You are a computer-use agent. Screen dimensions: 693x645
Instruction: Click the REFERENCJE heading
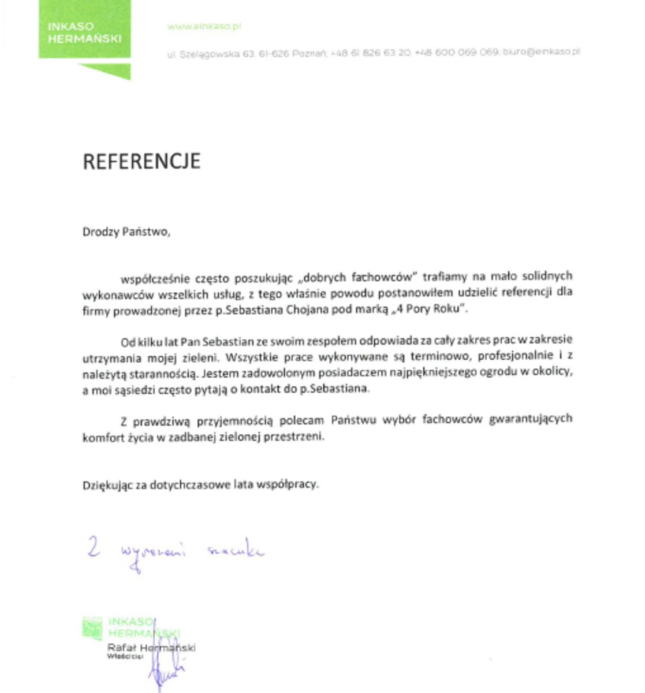[141, 161]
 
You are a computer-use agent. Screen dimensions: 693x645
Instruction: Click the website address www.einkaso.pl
[204, 27]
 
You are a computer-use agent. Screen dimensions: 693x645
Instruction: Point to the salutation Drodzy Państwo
[126, 232]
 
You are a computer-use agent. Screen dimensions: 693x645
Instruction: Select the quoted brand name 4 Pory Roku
[429, 309]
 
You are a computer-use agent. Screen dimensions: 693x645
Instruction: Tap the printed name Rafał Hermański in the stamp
[151, 647]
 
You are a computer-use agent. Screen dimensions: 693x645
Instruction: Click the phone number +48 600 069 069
[456, 52]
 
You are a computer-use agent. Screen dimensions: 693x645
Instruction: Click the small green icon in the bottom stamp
[92, 628]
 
